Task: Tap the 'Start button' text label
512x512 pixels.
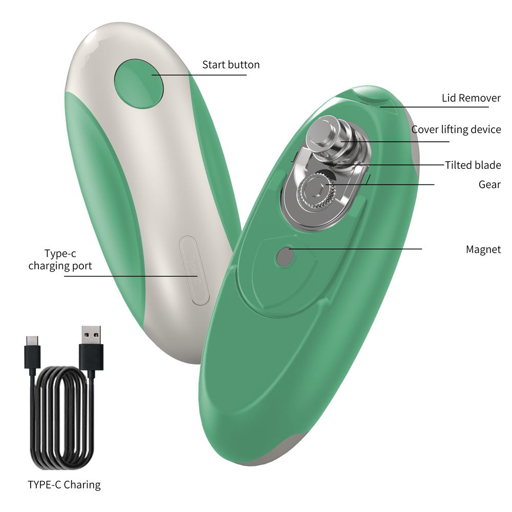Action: (230, 65)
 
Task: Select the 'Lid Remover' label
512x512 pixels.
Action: (471, 98)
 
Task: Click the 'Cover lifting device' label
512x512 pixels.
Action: (456, 130)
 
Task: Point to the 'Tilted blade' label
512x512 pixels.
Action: (473, 165)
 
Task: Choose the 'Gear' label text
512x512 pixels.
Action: (489, 184)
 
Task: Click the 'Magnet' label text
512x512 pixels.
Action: (483, 250)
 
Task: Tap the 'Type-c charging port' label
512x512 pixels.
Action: (60, 260)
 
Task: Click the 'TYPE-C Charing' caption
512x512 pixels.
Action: (64, 484)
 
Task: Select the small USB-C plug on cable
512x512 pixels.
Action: (32, 350)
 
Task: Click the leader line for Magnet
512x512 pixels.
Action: (358, 249)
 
